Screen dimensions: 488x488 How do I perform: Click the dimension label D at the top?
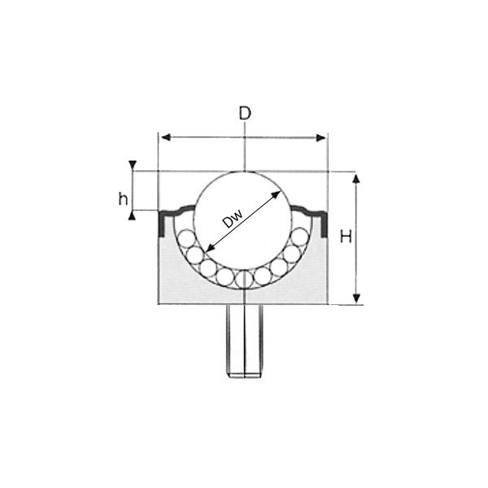click(x=245, y=113)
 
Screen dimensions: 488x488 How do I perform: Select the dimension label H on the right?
click(x=346, y=237)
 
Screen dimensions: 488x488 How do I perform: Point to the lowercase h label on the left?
click(x=124, y=198)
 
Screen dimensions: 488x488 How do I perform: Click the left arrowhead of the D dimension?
click(x=166, y=137)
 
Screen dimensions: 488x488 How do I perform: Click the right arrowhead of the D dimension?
click(x=321, y=137)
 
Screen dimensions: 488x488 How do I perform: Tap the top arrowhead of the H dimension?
click(x=357, y=178)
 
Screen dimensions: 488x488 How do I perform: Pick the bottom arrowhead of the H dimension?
click(x=357, y=298)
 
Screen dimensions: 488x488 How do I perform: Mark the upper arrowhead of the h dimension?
click(x=133, y=164)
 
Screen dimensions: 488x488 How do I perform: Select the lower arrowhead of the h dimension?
click(x=133, y=216)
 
